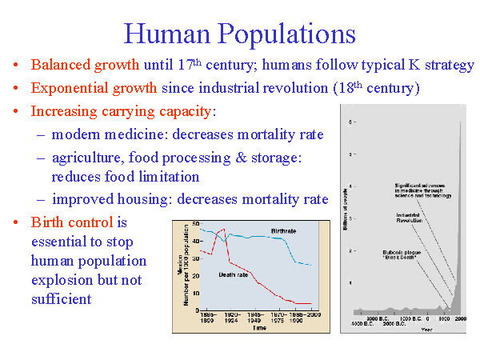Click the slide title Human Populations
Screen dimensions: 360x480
(x=239, y=34)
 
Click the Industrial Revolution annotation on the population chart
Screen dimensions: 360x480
(x=410, y=218)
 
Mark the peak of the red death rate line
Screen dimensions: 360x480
(x=223, y=230)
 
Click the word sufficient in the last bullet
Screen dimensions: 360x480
(x=62, y=299)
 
